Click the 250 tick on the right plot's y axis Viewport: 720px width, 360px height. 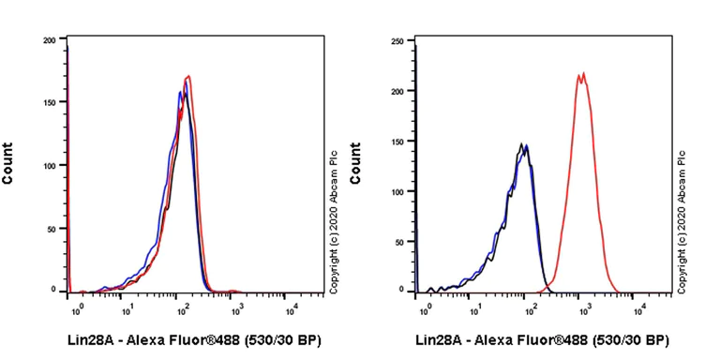coord(397,40)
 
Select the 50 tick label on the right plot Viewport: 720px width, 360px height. coord(398,240)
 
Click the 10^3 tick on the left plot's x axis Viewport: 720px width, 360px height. coord(237,306)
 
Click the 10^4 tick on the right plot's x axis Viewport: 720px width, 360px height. coord(638,306)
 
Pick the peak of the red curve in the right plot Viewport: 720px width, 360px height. coord(581,73)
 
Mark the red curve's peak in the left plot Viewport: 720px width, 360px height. coord(189,76)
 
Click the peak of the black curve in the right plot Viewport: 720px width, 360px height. coord(521,143)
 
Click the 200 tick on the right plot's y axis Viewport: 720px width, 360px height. coord(397,91)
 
